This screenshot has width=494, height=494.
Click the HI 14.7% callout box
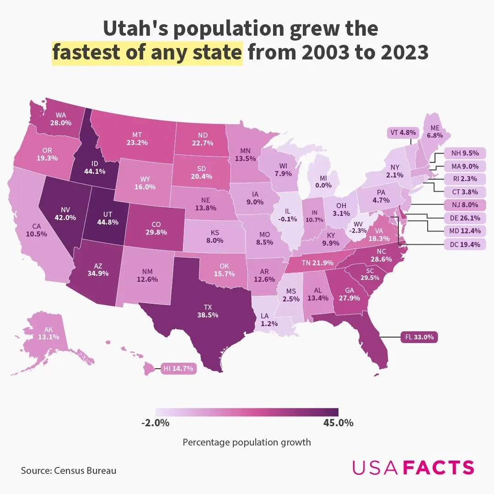click(179, 368)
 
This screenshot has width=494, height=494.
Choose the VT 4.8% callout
click(403, 133)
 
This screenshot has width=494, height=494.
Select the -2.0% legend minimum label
click(156, 423)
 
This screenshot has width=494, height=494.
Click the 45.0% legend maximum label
click(338, 423)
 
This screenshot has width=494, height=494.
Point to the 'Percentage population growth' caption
click(247, 442)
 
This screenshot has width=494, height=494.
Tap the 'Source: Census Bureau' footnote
click(69, 470)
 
